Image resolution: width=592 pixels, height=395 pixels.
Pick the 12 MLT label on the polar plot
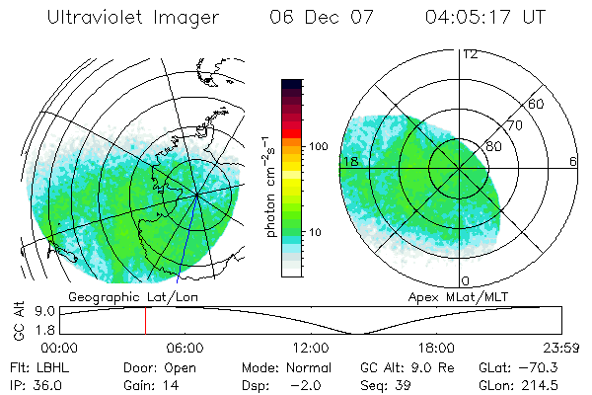[x=471, y=54]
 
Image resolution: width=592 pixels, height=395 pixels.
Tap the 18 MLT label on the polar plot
[x=348, y=161]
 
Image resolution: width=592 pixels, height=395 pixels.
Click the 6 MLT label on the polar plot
[x=572, y=161]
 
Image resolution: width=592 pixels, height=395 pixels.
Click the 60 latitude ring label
[x=538, y=104]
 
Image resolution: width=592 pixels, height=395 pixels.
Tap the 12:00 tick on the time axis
[x=311, y=348]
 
